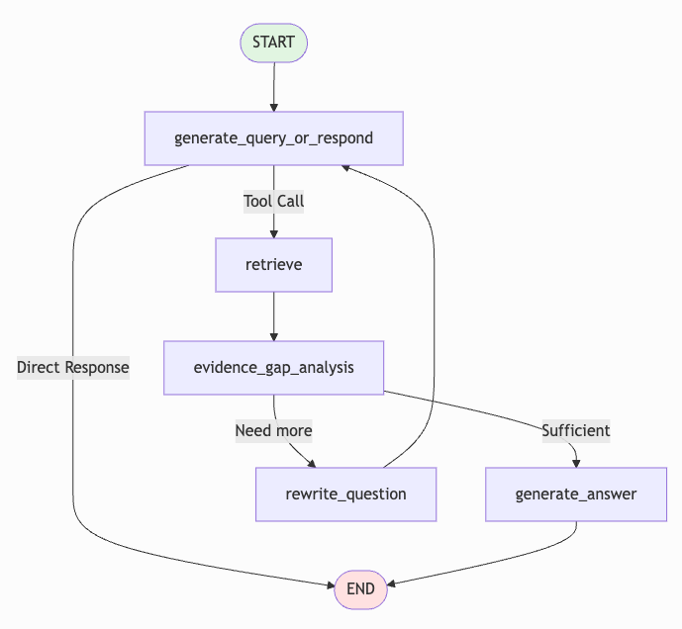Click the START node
[273, 43]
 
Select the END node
[360, 588]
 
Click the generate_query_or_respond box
[273, 137]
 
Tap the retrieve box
[273, 264]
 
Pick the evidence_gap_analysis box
[273, 367]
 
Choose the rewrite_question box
[345, 494]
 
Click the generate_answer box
[575, 494]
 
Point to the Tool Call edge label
[273, 201]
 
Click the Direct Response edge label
[73, 367]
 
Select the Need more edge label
[273, 430]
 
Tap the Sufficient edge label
[575, 430]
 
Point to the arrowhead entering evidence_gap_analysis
[273, 335]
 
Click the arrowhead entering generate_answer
[576, 462]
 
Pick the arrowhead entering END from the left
[330, 586]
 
